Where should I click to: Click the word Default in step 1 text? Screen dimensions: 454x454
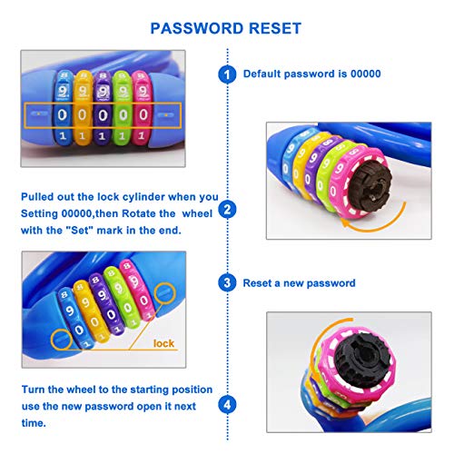point(264,74)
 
